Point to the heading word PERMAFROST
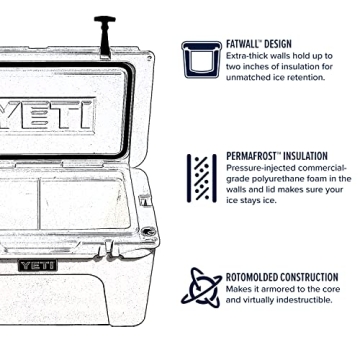[x=253, y=156]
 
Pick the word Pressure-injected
[x=259, y=168]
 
